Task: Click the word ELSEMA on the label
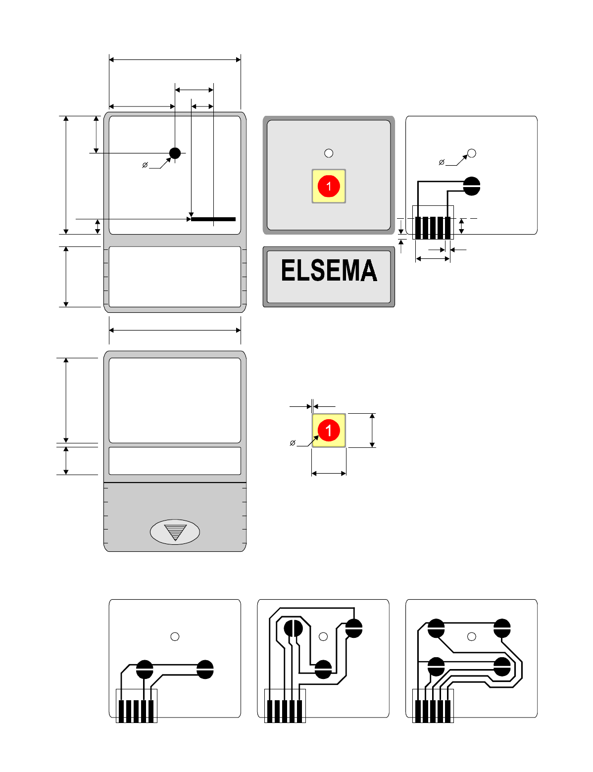click(329, 271)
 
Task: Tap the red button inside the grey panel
click(329, 186)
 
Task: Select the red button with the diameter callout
click(329, 430)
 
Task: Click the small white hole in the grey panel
click(329, 153)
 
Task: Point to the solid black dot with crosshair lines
click(175, 153)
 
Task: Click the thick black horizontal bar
click(213, 219)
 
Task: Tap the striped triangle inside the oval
click(175, 532)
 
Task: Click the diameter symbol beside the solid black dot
click(145, 165)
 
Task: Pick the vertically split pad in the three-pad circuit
click(293, 628)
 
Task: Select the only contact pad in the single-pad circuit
click(472, 186)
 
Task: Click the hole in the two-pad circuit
click(175, 637)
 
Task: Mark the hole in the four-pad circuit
click(472, 636)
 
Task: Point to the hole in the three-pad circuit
click(323, 637)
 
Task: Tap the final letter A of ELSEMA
click(368, 271)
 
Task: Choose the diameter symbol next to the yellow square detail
click(293, 443)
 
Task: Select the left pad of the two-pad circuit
click(145, 670)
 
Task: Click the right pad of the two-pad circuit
click(205, 670)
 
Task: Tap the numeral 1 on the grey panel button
click(329, 187)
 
